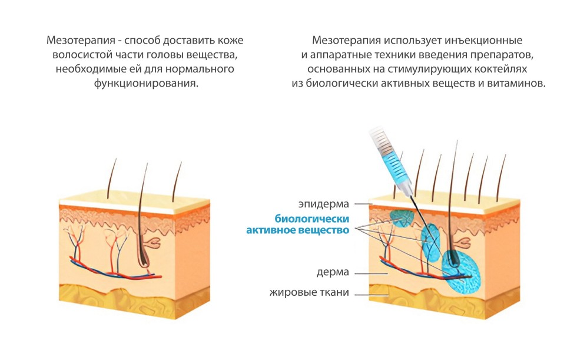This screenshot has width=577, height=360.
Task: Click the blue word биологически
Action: (x=312, y=219)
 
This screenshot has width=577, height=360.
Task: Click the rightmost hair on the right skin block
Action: (x=500, y=177)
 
